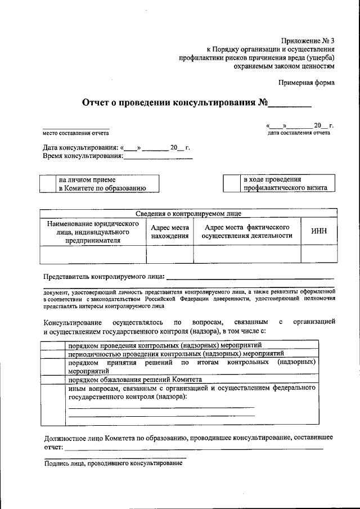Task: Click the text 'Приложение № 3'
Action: (308, 40)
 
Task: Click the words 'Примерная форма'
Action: (307, 83)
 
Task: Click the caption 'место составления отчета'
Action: (76, 133)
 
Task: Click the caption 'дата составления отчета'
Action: (299, 133)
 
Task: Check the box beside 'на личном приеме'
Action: (49, 184)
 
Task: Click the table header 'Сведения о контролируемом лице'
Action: (188, 214)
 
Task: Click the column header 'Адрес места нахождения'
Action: (169, 232)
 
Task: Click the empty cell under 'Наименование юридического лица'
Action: (93, 255)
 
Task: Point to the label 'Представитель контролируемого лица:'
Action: (104, 277)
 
